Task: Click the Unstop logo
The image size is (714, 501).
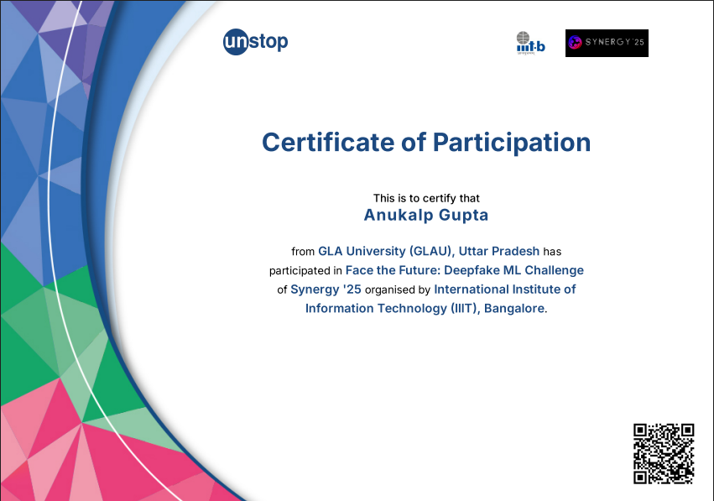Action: point(255,42)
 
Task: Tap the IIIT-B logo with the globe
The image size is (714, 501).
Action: point(530,43)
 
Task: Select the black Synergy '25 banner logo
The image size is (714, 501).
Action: point(607,44)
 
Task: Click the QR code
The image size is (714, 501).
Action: point(664,454)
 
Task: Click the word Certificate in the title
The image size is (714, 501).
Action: point(328,142)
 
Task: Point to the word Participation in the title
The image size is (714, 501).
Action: point(511,143)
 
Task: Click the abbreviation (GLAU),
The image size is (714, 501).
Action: point(432,251)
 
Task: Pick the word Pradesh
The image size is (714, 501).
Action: point(517,251)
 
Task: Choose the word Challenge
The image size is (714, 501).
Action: point(555,270)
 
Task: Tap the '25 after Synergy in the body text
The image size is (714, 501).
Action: point(352,290)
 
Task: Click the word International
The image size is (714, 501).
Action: point(471,290)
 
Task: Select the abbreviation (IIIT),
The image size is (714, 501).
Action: point(466,308)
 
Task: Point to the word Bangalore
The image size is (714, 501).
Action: point(514,308)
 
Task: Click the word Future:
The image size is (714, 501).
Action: point(420,270)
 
